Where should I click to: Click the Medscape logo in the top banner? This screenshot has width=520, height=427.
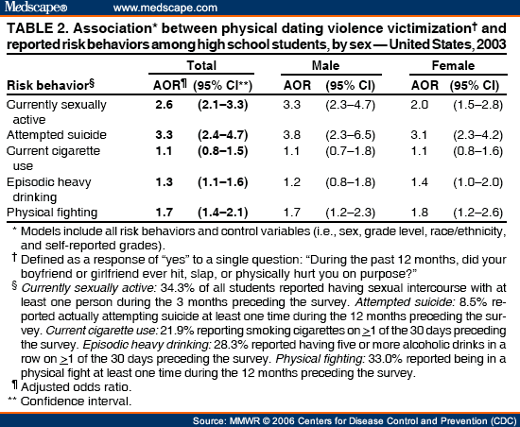tap(36, 7)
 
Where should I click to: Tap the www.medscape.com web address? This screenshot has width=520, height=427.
tap(165, 8)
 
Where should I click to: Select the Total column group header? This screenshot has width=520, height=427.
tap(201, 65)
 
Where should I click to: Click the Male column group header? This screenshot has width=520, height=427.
tap(325, 65)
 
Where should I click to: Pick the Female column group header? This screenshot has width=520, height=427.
tap(453, 65)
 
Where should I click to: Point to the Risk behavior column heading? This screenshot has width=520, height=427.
tap(50, 85)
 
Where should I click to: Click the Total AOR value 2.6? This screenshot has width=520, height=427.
tap(165, 105)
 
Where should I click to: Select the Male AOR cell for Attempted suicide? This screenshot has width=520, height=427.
tap(292, 135)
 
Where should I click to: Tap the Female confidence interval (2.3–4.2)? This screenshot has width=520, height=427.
tap(477, 135)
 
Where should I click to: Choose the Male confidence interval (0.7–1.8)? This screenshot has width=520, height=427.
tap(350, 151)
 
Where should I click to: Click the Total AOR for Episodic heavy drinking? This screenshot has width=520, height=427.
tap(165, 182)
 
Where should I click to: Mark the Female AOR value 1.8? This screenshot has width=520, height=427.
tap(420, 213)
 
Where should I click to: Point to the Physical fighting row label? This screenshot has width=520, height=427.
tap(52, 213)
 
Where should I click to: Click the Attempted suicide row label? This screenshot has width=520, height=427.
tap(57, 135)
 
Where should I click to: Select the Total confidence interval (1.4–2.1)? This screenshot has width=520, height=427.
tap(223, 213)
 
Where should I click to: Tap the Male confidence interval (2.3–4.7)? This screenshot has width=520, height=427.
tap(350, 105)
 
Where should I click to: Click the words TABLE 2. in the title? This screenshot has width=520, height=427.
tap(37, 28)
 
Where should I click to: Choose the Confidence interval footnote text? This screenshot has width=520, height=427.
tap(77, 401)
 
